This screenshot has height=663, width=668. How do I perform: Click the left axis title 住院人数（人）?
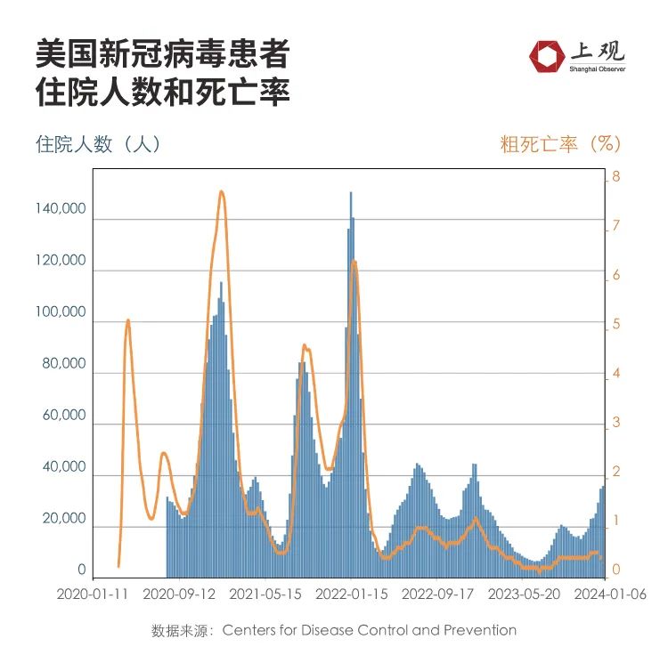point(98,143)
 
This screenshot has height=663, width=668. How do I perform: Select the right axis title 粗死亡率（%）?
point(559,143)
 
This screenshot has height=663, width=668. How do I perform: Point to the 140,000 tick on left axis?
point(61,209)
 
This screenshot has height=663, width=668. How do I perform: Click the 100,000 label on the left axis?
point(61,312)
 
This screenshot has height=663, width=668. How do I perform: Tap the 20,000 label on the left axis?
point(64,519)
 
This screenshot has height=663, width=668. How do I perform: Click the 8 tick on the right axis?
point(614,178)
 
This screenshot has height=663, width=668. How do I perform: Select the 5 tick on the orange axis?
point(614,326)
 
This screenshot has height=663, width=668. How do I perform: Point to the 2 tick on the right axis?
point(614,473)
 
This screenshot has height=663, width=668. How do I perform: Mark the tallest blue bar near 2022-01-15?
point(350,194)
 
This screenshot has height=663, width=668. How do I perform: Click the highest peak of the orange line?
point(222,191)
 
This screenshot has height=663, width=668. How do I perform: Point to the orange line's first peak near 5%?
point(128,319)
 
